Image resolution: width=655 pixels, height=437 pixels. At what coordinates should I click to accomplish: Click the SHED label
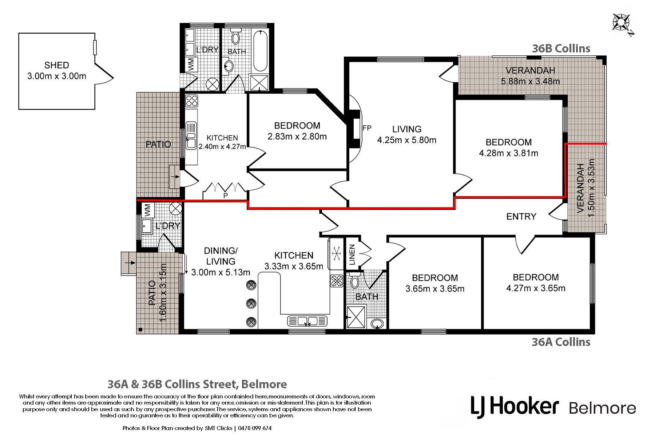click(56, 66)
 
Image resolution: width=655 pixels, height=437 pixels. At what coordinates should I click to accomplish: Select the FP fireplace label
click(367, 128)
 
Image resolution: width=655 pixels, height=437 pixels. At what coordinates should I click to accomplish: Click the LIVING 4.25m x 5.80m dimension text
click(406, 140)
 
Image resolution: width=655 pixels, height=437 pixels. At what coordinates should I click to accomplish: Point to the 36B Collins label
click(561, 48)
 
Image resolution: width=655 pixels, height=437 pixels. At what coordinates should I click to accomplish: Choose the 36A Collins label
click(561, 342)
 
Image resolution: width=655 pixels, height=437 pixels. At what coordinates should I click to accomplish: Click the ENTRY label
click(521, 217)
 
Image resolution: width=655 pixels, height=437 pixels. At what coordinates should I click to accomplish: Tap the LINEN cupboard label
click(352, 254)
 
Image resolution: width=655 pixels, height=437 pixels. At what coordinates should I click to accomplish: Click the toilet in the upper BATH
click(236, 38)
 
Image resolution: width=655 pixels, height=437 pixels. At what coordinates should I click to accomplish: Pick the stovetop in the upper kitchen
click(192, 101)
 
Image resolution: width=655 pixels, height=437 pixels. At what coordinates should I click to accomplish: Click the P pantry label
click(226, 196)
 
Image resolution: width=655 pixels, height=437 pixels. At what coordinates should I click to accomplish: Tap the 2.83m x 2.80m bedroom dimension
click(297, 137)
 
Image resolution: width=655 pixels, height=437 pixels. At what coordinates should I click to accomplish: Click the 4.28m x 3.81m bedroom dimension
click(508, 153)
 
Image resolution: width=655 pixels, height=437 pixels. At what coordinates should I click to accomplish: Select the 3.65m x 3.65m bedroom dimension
click(435, 289)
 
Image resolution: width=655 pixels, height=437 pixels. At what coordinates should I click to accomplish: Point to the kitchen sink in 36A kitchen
click(307, 321)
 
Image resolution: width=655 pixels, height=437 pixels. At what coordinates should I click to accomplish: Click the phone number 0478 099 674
click(255, 428)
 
